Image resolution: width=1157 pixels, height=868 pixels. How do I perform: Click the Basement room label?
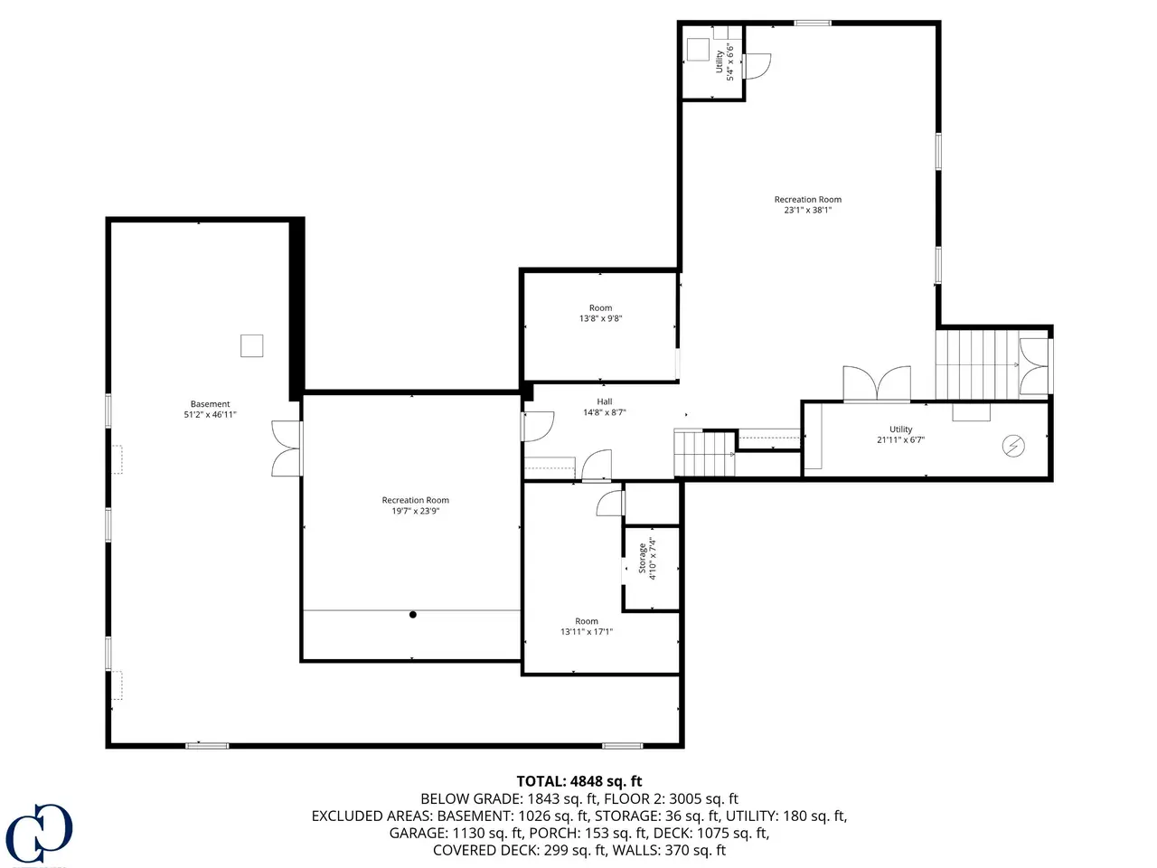pos(210,403)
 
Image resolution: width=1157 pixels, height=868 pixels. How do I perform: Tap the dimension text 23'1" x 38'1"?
pos(807,210)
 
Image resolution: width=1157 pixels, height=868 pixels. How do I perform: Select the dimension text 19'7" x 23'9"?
pos(416,511)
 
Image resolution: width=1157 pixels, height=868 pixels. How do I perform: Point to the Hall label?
pos(605,401)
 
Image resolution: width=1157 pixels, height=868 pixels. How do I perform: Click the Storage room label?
pos(642,558)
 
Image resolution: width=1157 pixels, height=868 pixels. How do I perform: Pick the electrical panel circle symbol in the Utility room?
pos(1013,446)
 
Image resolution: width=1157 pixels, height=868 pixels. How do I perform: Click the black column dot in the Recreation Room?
pos(413,615)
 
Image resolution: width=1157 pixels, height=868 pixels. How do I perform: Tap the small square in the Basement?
pos(252,345)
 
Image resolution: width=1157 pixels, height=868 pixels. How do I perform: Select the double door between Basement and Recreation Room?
pos(287,448)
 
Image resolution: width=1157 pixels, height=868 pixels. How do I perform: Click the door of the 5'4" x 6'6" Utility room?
pos(757,66)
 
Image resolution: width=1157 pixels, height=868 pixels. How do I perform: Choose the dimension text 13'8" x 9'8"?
pos(600,318)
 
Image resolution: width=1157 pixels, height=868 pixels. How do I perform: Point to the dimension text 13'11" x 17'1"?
pos(586,631)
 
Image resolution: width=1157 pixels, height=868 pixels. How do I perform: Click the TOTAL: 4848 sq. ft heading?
pos(578,781)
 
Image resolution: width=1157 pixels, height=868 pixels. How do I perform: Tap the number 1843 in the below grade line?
pos(543,798)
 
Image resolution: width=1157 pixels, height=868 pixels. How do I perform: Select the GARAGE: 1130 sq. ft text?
pos(456,833)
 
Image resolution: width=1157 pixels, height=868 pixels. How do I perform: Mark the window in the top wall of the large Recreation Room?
pos(813,23)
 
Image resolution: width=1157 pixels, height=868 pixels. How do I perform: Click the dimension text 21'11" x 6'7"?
pos(900,439)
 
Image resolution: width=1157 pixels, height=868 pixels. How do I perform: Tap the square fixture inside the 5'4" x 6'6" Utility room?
pos(698,50)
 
